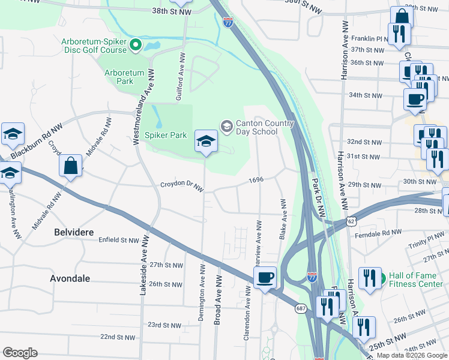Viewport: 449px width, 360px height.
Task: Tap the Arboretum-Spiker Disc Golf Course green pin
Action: coord(136,44)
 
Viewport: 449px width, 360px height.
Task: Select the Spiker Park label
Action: coord(169,136)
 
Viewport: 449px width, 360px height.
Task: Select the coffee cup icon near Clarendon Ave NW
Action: coord(265,277)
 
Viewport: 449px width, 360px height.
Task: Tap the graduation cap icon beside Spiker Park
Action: coord(206,142)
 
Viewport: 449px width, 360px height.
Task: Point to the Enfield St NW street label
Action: coord(119,240)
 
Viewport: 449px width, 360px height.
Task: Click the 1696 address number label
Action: coord(256,180)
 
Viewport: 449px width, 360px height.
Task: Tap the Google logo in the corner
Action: coord(20,353)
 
